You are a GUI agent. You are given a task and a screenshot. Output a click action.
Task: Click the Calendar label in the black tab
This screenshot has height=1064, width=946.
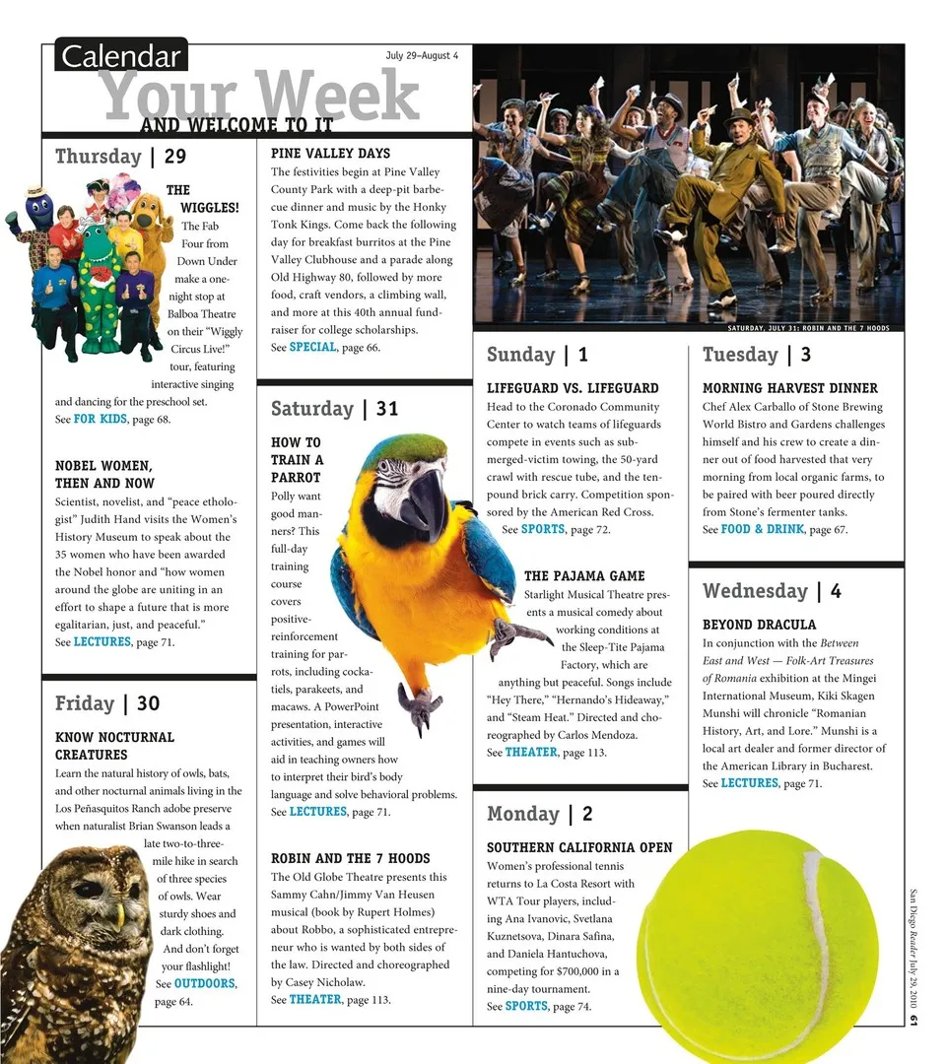point(121,56)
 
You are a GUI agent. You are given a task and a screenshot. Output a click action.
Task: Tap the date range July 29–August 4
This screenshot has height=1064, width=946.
point(422,55)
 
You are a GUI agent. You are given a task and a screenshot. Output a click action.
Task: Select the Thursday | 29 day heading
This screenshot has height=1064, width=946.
point(120,157)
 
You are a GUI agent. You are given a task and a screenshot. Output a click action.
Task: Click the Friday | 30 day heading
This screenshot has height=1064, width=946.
point(107,703)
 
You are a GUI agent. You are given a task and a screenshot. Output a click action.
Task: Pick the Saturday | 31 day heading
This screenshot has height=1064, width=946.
point(334,408)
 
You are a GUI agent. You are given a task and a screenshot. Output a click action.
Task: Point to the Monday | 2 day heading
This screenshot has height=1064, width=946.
point(540,814)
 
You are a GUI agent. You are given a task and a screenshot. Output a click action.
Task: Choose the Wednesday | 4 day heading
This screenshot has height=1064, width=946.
point(772,591)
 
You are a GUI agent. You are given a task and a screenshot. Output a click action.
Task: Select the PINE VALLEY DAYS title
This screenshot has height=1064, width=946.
point(330,154)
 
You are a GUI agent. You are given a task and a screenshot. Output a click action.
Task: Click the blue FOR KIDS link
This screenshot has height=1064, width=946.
point(101,420)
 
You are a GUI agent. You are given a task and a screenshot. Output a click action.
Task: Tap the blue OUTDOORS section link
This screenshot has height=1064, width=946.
point(205,983)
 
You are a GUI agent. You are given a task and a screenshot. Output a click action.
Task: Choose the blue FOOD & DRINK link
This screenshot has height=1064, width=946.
point(763,530)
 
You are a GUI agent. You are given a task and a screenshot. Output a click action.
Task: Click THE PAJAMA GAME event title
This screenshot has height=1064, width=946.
point(584,576)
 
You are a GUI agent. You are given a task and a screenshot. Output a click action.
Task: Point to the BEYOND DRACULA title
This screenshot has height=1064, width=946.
point(759,625)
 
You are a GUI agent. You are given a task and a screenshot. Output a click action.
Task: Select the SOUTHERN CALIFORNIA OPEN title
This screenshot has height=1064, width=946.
point(579,848)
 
